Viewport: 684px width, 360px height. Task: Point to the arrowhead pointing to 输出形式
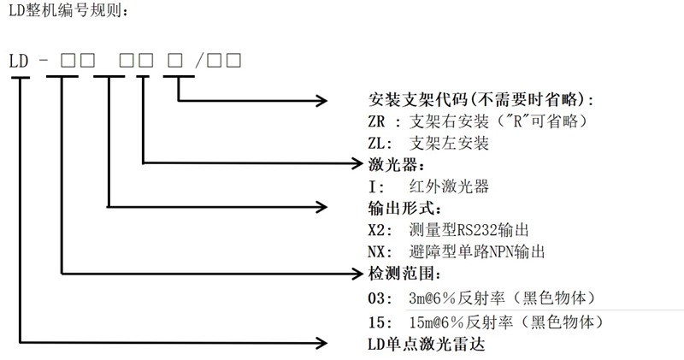tap(323, 206)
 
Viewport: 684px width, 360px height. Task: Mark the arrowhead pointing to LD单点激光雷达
tap(323, 343)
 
